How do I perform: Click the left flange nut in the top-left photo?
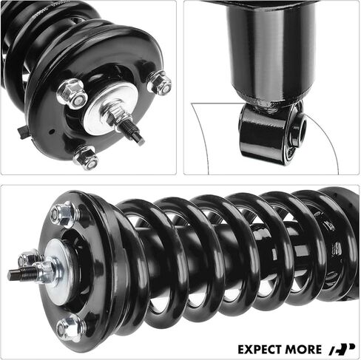pos(72,94)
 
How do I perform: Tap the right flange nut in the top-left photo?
pos(159,83)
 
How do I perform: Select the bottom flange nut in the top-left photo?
pos(86,157)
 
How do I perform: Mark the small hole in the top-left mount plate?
pos(51,132)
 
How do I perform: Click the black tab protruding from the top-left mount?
pos(24,132)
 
